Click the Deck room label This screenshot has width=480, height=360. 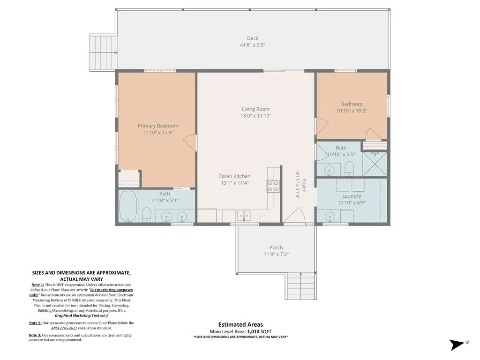(x=253, y=38)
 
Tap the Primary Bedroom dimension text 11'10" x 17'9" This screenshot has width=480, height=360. (x=158, y=133)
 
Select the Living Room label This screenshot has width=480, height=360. (x=255, y=109)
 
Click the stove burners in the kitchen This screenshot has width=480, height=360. (x=273, y=187)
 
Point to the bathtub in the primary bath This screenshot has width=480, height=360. (x=128, y=206)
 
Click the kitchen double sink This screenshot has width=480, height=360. (x=244, y=216)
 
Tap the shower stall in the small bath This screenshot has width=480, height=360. (x=375, y=164)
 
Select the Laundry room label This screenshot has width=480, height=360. (x=352, y=196)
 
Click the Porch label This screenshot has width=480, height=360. (x=276, y=247)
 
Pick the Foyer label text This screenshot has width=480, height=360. (x=304, y=185)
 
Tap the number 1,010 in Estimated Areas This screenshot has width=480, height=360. (x=253, y=331)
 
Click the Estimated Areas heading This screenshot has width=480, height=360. (x=240, y=324)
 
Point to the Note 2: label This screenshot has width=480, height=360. (x=35, y=323)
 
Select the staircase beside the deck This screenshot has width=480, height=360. (x=104, y=52)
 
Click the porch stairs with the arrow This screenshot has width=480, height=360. (x=301, y=285)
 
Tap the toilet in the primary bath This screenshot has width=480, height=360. (x=147, y=215)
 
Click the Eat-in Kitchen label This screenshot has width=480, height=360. (x=235, y=176)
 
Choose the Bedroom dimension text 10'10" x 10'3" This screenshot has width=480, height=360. (x=352, y=111)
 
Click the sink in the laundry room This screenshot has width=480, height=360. (x=330, y=217)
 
